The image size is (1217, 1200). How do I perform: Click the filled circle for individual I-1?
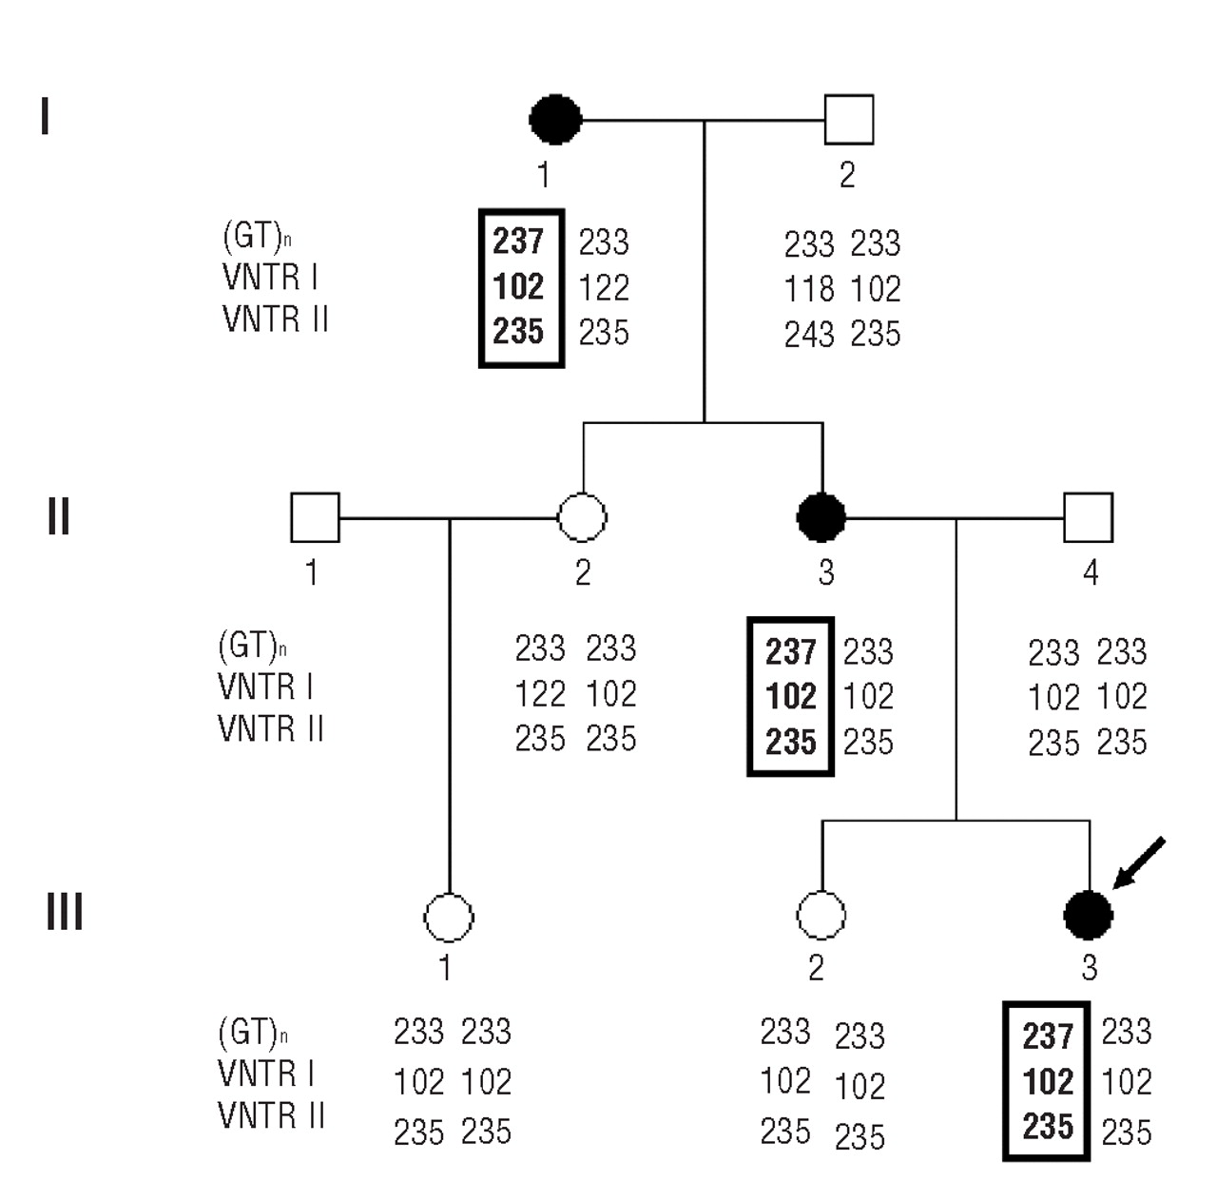pyautogui.click(x=555, y=120)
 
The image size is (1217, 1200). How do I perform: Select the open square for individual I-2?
pyautogui.click(x=848, y=120)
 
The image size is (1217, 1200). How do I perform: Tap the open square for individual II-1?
pyautogui.click(x=315, y=518)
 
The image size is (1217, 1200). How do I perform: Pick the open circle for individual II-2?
pyautogui.click(x=582, y=518)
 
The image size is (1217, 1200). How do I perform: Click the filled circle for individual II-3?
pyautogui.click(x=821, y=518)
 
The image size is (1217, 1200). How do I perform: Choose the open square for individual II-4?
pyautogui.click(x=1088, y=518)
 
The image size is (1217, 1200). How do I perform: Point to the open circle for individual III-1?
pyautogui.click(x=448, y=918)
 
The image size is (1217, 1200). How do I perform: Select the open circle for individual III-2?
pyautogui.click(x=821, y=916)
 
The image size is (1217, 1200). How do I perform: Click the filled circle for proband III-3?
pyautogui.click(x=1088, y=916)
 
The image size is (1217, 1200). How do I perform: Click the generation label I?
pyautogui.click(x=45, y=118)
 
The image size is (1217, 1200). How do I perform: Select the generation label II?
pyautogui.click(x=58, y=516)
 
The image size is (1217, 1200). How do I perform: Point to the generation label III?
pyautogui.click(x=65, y=912)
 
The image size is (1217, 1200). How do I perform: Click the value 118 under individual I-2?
pyautogui.click(x=809, y=289)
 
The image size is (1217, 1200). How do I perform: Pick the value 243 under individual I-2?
pyautogui.click(x=809, y=335)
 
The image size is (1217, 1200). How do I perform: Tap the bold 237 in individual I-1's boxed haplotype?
pyautogui.click(x=518, y=242)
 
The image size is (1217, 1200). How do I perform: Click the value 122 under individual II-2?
pyautogui.click(x=540, y=694)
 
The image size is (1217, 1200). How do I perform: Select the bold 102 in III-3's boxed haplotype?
pyautogui.click(x=1048, y=1082)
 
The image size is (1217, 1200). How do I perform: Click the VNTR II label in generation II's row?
pyautogui.click(x=271, y=729)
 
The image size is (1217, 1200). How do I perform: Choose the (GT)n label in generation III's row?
pyautogui.click(x=252, y=1032)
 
